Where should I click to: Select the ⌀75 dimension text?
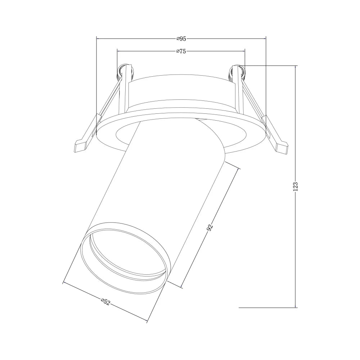tap(181, 51)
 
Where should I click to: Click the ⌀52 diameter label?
tap(105, 302)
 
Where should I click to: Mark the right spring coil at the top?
tap(238, 72)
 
